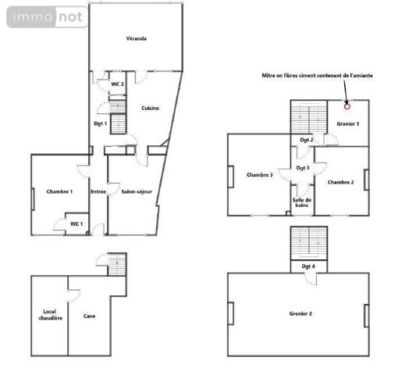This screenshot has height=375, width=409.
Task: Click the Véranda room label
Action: [137, 38]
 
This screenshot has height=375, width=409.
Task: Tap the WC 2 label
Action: [117, 84]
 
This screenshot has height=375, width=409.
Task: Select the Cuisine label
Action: [151, 108]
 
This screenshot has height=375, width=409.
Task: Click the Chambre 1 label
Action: [59, 191]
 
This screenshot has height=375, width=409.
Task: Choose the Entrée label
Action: [98, 191]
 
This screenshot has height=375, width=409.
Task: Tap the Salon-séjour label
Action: [137, 191]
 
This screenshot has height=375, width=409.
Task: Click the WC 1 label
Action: [76, 224]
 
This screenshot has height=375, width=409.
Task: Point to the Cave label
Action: [90, 316]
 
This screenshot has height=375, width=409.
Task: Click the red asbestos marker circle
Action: [347, 106]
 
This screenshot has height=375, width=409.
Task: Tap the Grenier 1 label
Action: [348, 123]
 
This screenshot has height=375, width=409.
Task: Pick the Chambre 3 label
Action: [259, 175]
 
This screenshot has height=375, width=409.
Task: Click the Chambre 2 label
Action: [341, 182]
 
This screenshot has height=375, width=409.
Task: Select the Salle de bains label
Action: [302, 202]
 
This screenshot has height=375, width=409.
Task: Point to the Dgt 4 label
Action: [308, 266]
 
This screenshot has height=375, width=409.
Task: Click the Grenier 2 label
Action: [300, 313]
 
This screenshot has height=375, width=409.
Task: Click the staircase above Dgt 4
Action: [308, 242]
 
